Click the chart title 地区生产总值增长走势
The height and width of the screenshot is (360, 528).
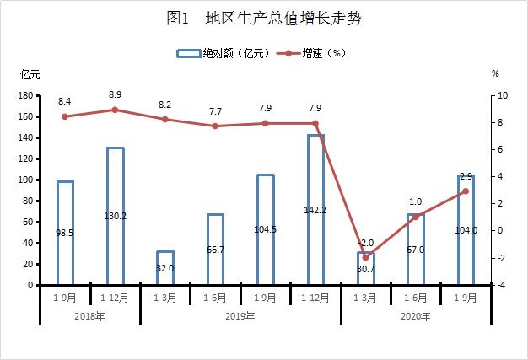[x=264, y=19]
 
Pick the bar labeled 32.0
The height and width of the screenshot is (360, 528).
[x=165, y=268]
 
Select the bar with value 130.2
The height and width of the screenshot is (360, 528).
[x=116, y=216]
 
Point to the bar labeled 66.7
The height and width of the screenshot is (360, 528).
[x=215, y=250]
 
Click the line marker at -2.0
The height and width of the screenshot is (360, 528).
[x=365, y=257]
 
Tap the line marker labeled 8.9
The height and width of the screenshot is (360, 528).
[x=116, y=110]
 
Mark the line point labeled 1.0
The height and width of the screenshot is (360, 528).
[x=415, y=217]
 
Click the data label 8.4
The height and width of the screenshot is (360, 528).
[x=65, y=102]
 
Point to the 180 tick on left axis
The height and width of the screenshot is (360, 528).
[x=26, y=96]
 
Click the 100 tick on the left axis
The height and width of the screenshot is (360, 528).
[x=26, y=180]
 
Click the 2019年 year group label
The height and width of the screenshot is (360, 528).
[x=240, y=316]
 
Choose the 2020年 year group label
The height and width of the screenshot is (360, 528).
[x=415, y=316]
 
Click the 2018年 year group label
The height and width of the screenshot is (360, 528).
[x=90, y=316]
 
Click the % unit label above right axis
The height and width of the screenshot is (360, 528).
[x=495, y=74]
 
